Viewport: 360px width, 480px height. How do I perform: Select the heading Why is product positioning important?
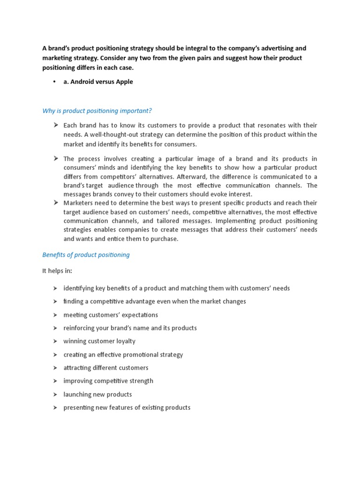pos(97,111)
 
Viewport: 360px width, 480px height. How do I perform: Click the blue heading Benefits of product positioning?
pos(86,255)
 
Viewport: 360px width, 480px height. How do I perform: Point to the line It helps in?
pos(57,271)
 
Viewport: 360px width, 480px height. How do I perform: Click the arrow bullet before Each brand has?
pos(55,125)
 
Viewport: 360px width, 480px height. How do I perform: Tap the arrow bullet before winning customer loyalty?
pos(55,341)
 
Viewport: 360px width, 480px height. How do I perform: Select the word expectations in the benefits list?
pos(136,315)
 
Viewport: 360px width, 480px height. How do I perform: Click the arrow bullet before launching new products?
pos(55,394)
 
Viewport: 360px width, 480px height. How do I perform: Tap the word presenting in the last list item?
pos(79,408)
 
